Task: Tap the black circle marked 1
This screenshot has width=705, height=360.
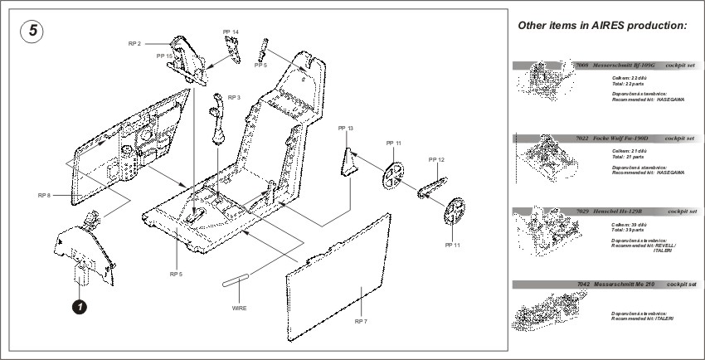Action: pos(79,307)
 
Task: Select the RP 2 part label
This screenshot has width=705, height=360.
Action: pos(134,43)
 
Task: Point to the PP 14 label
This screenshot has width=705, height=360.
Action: pos(231,32)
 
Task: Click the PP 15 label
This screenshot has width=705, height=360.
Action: pos(164,56)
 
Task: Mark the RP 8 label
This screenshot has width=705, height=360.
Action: pos(44,195)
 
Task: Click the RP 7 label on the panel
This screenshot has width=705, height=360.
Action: pos(362,320)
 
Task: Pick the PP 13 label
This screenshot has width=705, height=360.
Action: pos(345,129)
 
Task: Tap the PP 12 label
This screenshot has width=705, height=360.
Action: pos(436,159)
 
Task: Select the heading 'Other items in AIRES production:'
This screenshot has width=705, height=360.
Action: pos(603,26)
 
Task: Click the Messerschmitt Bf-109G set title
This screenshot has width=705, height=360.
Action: pos(620,64)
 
